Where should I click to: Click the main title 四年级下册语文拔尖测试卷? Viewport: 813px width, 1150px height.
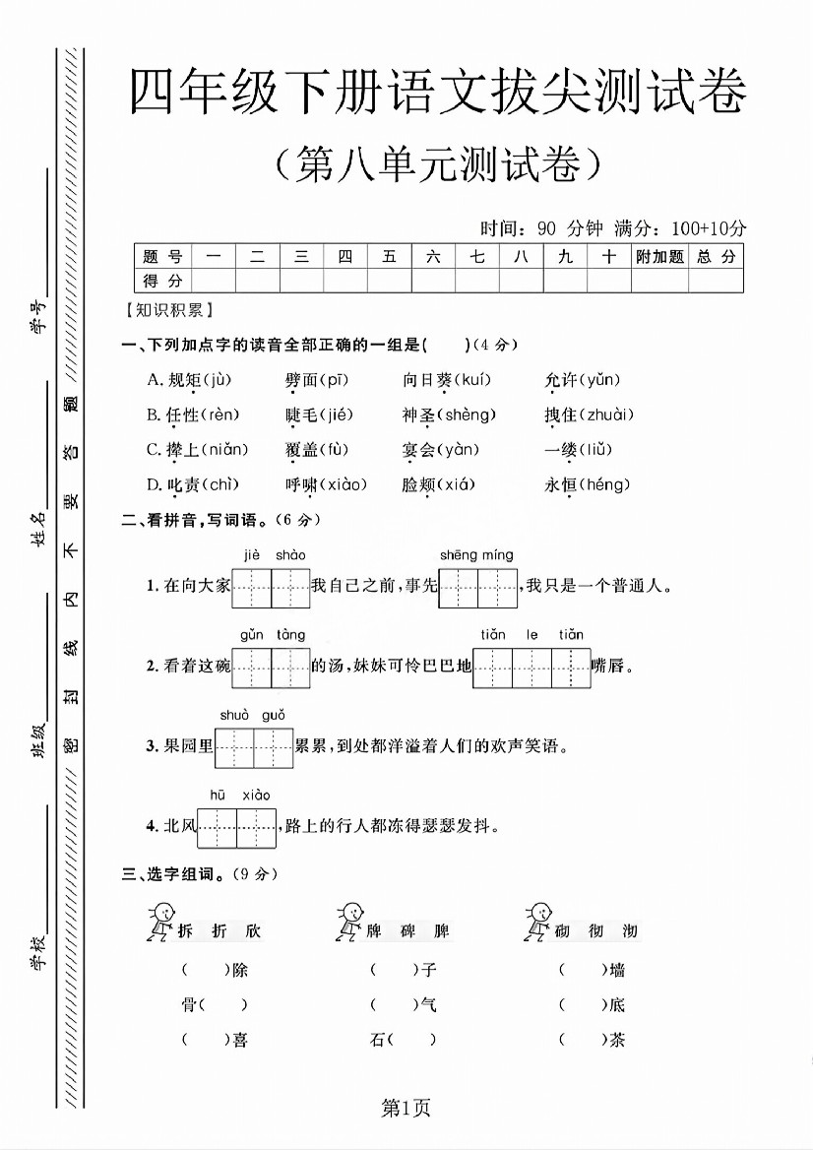tap(438, 96)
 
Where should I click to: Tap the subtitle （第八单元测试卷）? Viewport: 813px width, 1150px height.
tap(438, 164)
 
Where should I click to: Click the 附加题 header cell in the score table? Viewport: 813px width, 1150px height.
tap(658, 257)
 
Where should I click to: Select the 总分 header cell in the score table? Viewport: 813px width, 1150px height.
tap(716, 257)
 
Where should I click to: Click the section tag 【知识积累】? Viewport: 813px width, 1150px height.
tap(163, 310)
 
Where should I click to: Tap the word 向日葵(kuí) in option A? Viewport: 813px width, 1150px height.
tap(446, 380)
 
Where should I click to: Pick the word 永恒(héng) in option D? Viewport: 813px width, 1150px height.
tap(587, 484)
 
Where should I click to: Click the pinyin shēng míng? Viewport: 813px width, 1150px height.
tap(476, 555)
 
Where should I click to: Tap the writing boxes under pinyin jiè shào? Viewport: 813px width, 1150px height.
tap(271, 588)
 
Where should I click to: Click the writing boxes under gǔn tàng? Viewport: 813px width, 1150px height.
tap(271, 667)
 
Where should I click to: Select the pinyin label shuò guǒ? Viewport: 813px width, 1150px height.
tap(252, 715)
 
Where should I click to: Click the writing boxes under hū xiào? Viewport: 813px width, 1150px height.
tap(237, 827)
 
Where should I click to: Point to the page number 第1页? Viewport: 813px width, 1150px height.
tap(406, 1110)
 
